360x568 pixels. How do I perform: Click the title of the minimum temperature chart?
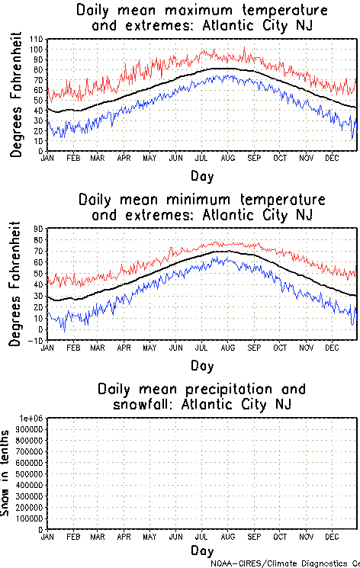click(202, 207)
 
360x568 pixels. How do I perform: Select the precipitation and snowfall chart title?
click(202, 396)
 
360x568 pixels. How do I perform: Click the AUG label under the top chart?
click(228, 159)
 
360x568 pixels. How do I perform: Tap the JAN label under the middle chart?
click(47, 348)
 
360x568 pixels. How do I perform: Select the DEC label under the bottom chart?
click(331, 537)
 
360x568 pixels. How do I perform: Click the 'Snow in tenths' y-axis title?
click(7, 473)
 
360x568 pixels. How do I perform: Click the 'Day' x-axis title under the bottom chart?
click(202, 550)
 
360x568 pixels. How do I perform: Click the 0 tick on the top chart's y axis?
click(41, 151)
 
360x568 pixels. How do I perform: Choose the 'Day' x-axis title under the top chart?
click(202, 175)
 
